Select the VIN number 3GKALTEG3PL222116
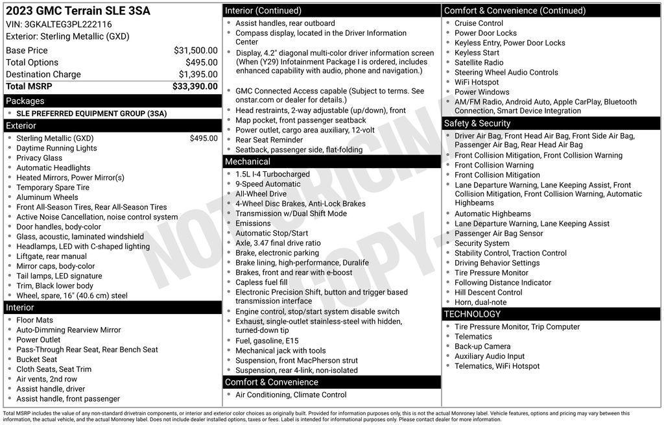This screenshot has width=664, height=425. pos(67,24)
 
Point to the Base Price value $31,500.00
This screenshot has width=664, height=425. pos(195,50)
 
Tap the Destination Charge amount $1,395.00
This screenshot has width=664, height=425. pos(198,74)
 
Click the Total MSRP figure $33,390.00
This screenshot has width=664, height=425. pos(195,86)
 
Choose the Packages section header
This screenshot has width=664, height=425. pos(25,101)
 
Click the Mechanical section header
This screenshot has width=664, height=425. pos(248,162)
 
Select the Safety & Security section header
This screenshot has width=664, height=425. pos(477,123)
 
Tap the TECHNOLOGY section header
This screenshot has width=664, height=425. pos(473,314)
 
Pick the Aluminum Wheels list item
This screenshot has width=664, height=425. pos(47,197)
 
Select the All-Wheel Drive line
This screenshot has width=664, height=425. pos(261,193)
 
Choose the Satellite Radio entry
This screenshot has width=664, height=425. pos(479,62)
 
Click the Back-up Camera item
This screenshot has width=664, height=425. pos(482,346)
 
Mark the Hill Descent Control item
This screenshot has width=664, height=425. pos(488,292)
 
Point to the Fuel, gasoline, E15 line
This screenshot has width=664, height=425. pos(267,341)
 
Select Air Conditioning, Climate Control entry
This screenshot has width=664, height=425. pos(290,395)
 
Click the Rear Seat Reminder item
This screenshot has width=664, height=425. pos(269,140)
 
